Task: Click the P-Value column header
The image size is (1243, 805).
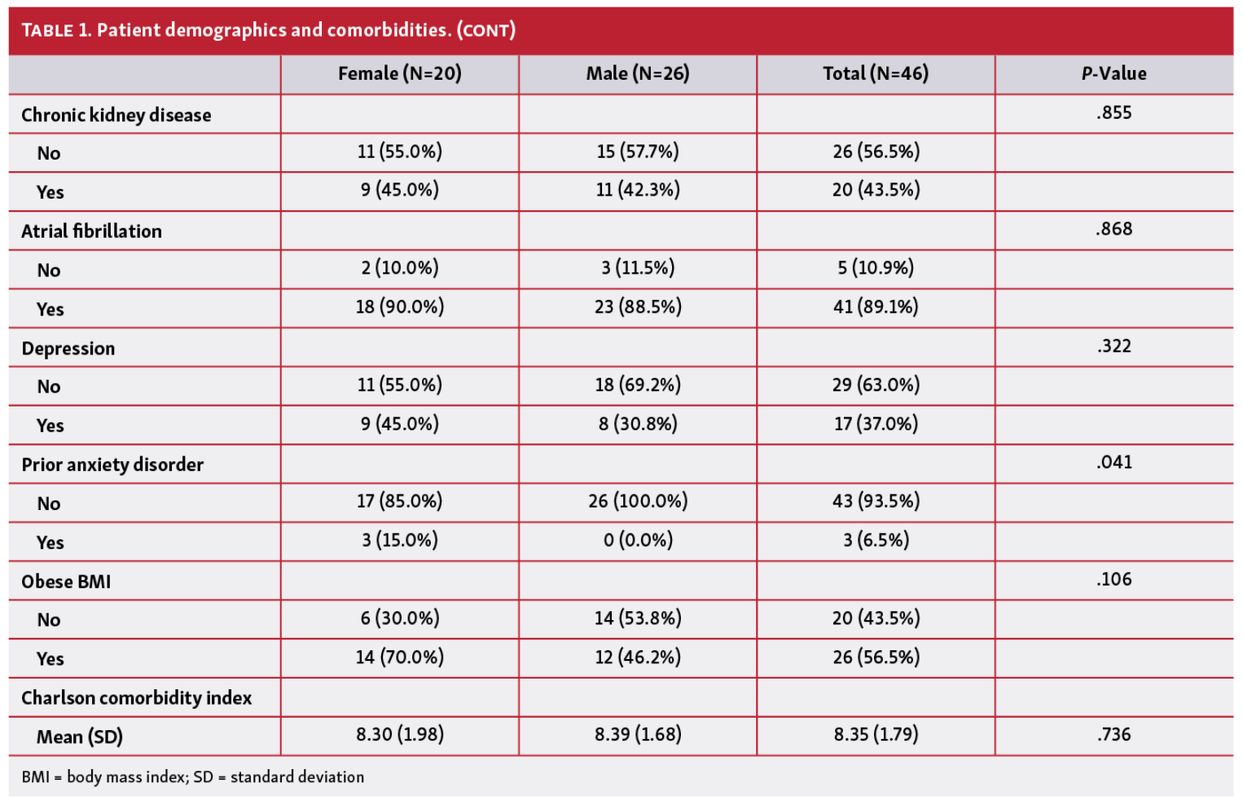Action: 1113,74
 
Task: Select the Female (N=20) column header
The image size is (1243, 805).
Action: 399,74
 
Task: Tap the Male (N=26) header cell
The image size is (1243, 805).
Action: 638,74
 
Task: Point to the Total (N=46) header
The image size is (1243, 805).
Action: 876,74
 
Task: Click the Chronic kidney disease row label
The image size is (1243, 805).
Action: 116,115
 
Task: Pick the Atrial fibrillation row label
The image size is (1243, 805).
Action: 92,231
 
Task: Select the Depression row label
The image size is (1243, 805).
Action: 68,349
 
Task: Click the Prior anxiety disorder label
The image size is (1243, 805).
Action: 112,465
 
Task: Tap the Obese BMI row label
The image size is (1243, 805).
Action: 66,582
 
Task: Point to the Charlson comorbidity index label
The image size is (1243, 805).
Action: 137,698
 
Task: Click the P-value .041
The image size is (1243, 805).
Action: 1113,463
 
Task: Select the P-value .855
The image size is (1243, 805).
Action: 1113,112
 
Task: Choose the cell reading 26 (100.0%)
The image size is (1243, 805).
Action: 638,501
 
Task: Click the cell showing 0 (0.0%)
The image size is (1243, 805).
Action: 638,540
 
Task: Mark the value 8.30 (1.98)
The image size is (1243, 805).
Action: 399,735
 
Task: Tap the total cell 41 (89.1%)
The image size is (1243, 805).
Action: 876,307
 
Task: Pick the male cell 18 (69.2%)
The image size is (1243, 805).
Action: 638,385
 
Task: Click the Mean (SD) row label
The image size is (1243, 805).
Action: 80,737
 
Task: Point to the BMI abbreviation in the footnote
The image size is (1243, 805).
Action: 35,777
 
